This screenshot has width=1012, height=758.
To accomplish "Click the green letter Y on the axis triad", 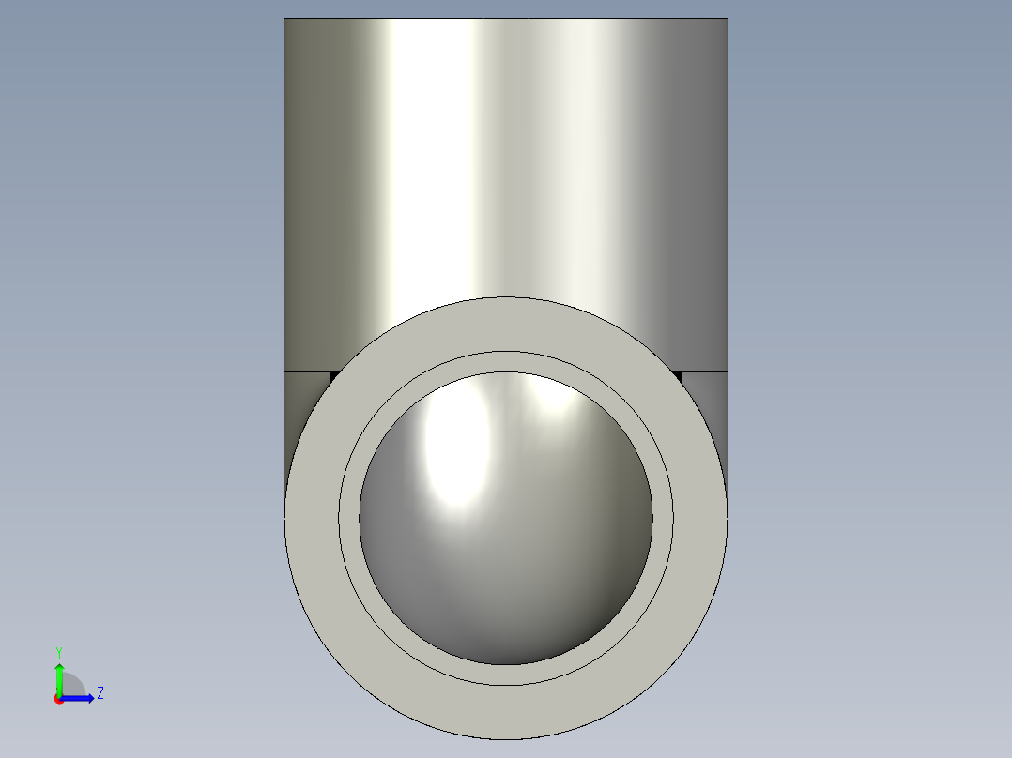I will [x=58, y=651].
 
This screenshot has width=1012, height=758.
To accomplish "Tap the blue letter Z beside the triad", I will [x=100, y=693].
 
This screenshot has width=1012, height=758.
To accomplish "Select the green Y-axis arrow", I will [x=58, y=674].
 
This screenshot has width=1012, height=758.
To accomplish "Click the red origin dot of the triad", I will [x=58, y=699].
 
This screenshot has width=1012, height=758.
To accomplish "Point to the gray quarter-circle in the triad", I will [x=73, y=686].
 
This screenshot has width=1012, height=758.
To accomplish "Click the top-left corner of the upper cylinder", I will [x=285, y=20].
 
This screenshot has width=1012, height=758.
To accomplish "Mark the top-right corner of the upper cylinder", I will [x=727, y=20].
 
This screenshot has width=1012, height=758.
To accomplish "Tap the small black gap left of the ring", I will [x=333, y=376].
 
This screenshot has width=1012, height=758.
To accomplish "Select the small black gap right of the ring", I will [x=677, y=376].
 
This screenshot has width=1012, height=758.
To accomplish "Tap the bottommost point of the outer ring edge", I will [x=505, y=738].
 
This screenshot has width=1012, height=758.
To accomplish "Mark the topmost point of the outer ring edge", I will [x=505, y=297].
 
